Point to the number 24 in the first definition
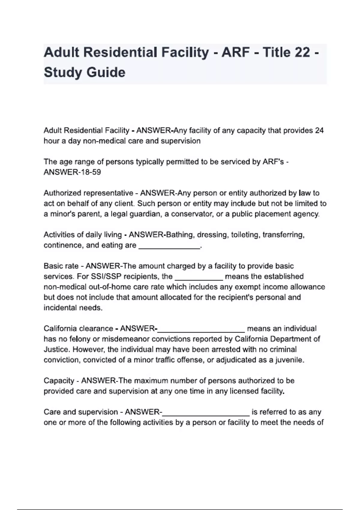coord(319,130)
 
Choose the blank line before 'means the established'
coord(199,277)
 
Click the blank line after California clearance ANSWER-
coord(201,329)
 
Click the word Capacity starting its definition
coord(59,381)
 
